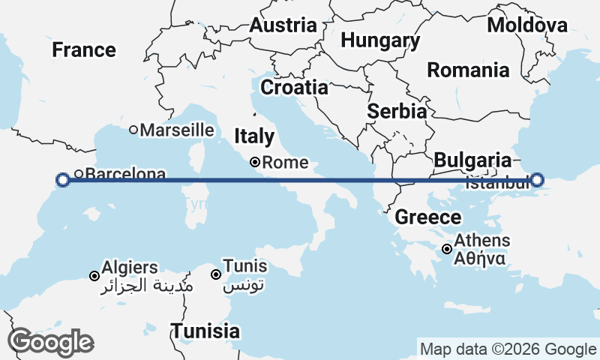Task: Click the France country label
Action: (84, 50)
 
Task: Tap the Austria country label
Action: (283, 25)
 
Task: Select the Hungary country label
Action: (379, 40)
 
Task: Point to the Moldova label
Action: (527, 25)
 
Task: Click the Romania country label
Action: (468, 70)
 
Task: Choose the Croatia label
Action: (294, 87)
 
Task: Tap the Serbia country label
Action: (397, 111)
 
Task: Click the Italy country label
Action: (254, 136)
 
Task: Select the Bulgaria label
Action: (472, 160)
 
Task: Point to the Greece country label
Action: (428, 217)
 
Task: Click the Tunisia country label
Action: (205, 331)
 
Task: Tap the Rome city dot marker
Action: (255, 162)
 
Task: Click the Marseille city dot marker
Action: (133, 130)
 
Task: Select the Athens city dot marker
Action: (447, 249)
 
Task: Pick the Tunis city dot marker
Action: (216, 274)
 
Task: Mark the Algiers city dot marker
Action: (94, 276)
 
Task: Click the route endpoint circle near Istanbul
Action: (537, 180)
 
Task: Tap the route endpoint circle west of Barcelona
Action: (63, 179)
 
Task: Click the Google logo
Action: (50, 342)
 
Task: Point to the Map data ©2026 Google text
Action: (508, 349)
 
